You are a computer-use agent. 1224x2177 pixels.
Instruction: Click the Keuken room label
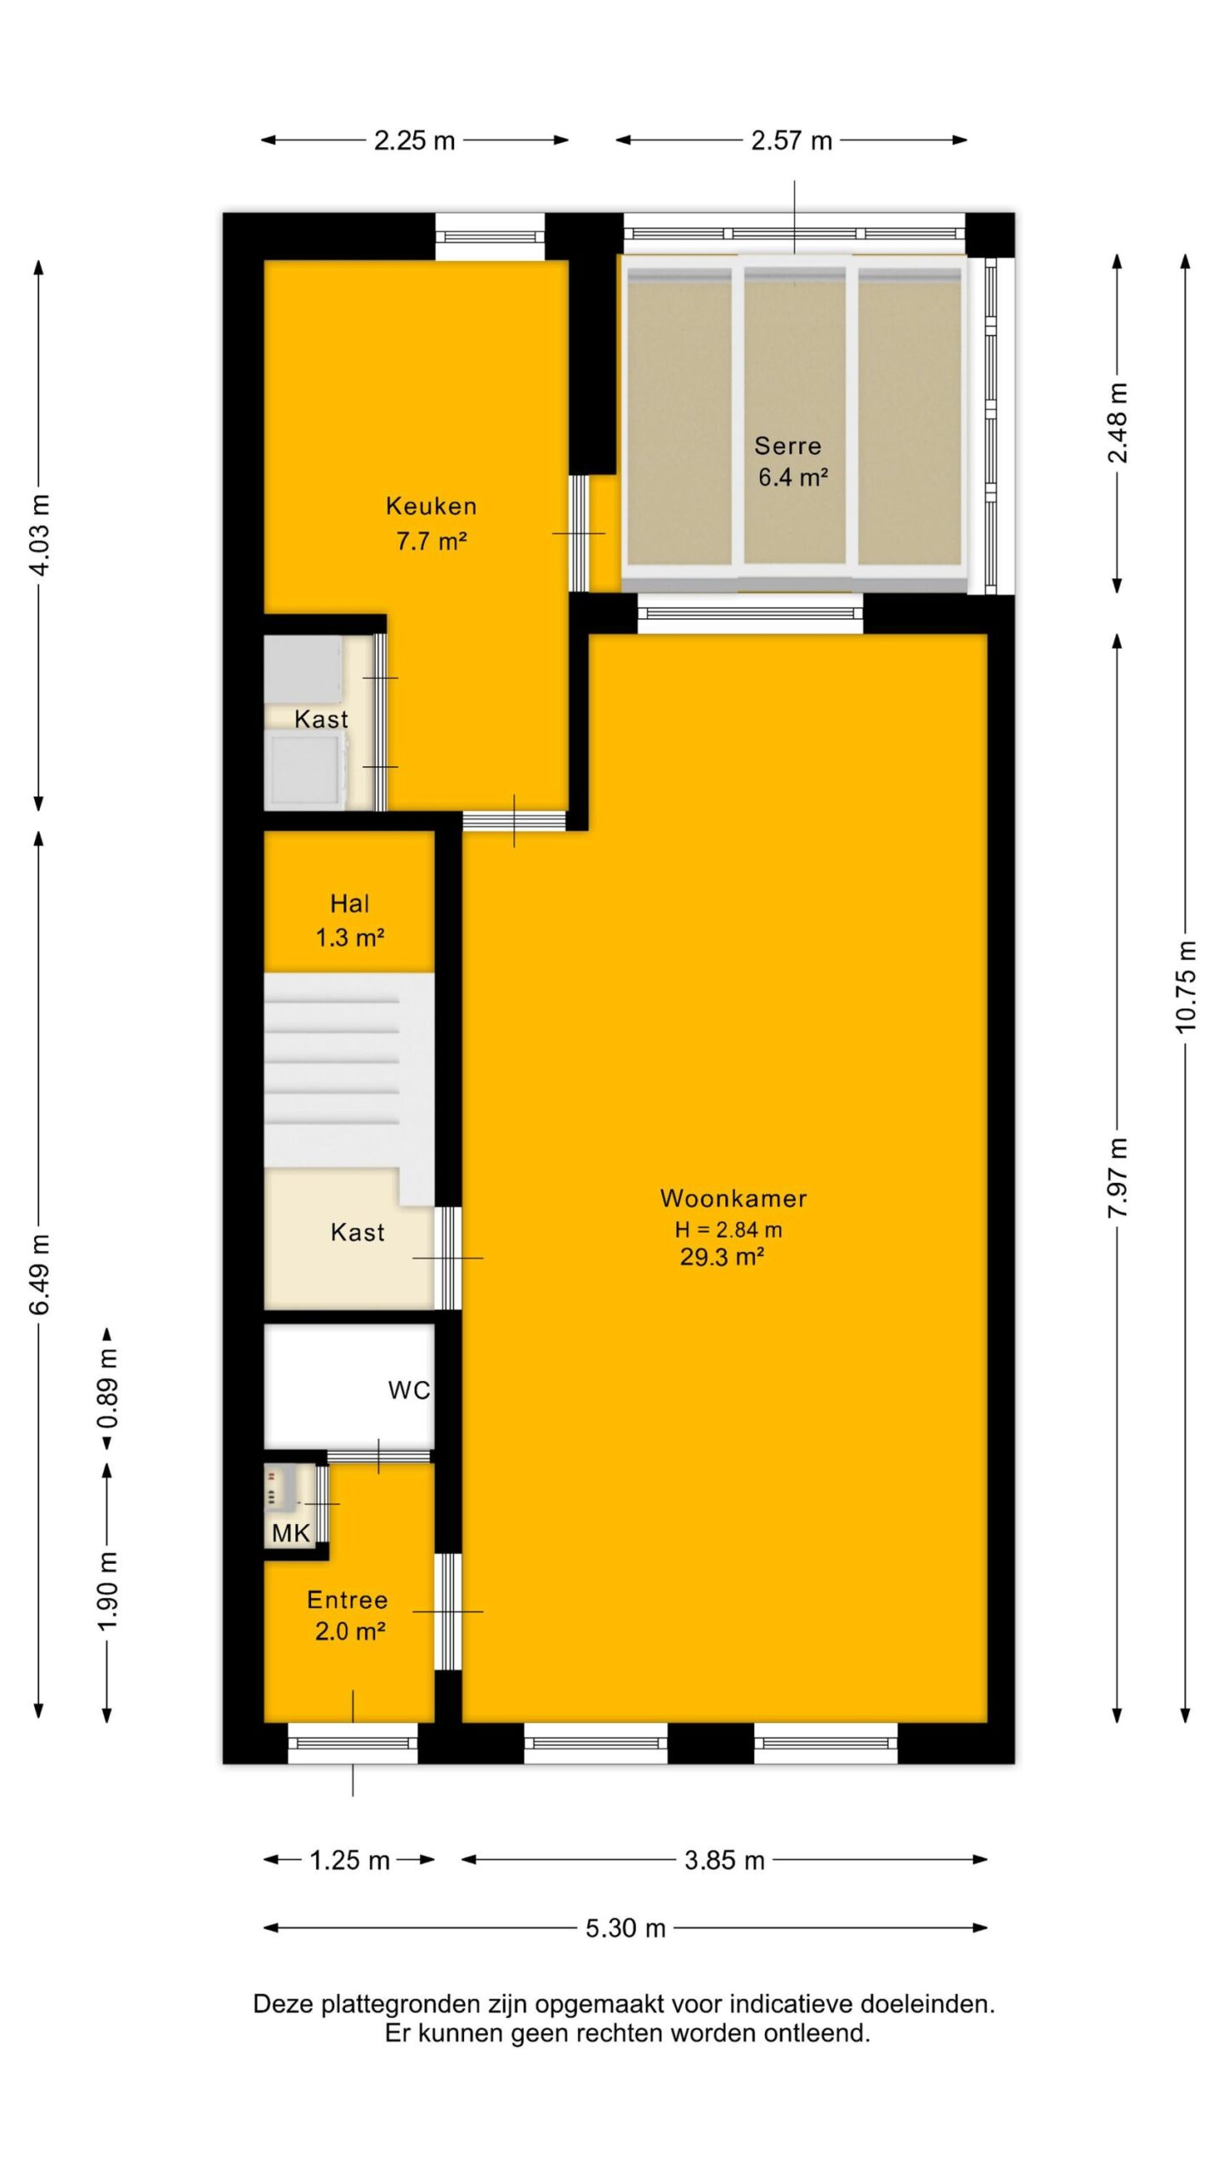click(431, 506)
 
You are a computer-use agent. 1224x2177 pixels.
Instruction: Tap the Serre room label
click(788, 446)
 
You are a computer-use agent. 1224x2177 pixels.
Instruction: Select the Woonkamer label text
click(734, 1198)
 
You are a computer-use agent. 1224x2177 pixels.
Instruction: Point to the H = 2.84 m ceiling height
click(728, 1230)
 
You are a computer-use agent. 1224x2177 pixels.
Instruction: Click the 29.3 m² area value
click(722, 1257)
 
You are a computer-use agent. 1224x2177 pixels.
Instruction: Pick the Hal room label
click(349, 903)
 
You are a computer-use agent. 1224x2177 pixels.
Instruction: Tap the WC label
click(409, 1390)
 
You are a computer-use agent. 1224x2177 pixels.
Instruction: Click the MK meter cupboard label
click(291, 1533)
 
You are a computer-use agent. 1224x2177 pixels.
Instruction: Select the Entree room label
click(348, 1600)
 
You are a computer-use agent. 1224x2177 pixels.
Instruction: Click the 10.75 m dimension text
click(1186, 986)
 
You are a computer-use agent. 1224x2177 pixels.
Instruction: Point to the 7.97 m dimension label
click(1118, 1177)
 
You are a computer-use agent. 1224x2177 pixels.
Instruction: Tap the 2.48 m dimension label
click(1118, 423)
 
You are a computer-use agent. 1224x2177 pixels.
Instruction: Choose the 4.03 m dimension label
click(39, 533)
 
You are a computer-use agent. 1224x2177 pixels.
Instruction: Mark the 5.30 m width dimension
click(626, 1928)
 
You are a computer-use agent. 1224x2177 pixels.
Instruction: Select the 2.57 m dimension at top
click(791, 140)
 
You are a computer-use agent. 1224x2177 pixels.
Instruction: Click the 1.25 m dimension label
click(349, 1860)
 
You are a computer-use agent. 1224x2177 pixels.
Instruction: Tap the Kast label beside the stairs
click(358, 1232)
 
